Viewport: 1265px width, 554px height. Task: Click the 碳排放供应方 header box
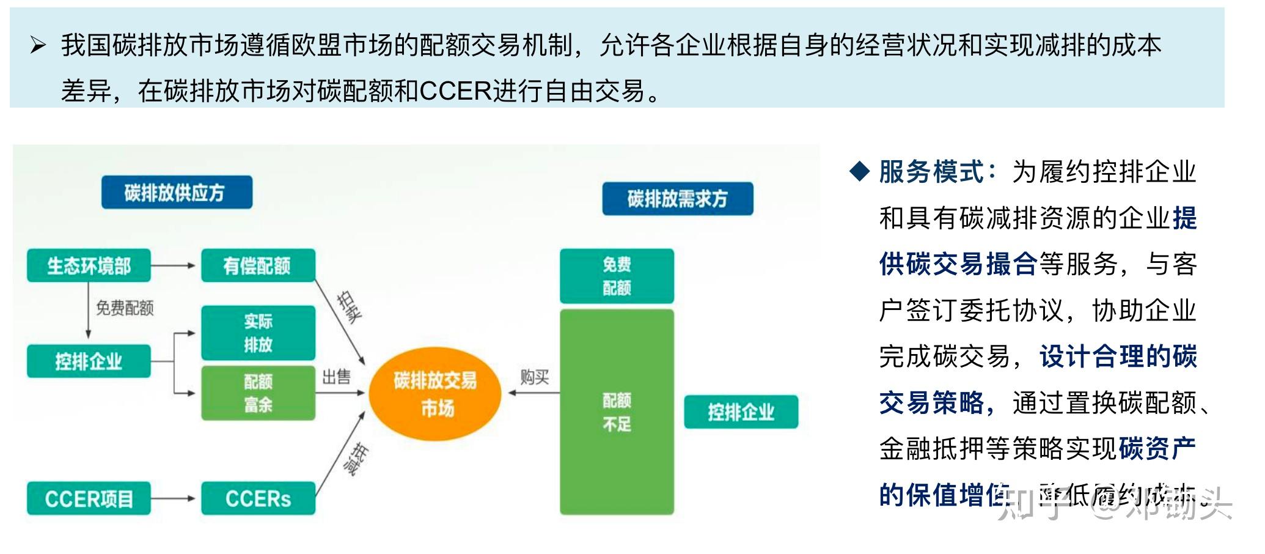point(177,193)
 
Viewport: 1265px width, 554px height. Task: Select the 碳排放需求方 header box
point(677,199)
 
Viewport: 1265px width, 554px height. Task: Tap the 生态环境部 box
point(89,265)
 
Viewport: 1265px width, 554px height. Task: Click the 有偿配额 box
point(258,265)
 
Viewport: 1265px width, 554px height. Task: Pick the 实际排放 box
point(258,333)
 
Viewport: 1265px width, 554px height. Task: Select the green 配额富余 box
point(258,393)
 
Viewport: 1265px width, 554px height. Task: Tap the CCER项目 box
point(89,498)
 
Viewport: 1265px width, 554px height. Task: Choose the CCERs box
point(258,498)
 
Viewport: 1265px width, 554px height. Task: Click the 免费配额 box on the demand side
point(617,276)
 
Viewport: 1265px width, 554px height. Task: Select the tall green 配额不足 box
point(617,412)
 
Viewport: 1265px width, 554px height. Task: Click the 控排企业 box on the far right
point(741,412)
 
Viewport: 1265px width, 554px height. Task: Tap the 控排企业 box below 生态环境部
point(89,361)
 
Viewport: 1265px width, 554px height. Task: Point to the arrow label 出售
point(336,377)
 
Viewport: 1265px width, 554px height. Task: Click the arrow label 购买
point(534,377)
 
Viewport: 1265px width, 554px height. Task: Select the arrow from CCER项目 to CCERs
point(174,498)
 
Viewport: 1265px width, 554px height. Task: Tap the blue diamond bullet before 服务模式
point(859,172)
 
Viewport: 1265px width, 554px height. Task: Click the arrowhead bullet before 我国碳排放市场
point(38,45)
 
